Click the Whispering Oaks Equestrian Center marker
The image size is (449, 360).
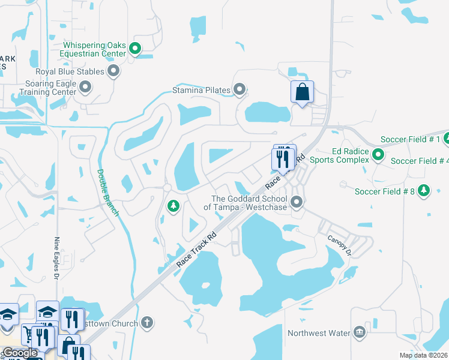coord(136,49)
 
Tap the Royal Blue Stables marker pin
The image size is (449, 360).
coord(113,72)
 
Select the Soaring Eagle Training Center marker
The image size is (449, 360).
coord(85,88)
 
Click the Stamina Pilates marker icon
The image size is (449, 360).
coord(240,91)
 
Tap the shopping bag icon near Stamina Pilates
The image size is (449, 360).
coord(302,92)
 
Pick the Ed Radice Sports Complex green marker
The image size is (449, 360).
coord(378,155)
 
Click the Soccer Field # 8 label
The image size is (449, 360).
coord(384,191)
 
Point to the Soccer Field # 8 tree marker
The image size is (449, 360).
coord(424,191)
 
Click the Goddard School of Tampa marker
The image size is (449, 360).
coord(296,203)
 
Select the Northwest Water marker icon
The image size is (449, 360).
coord(359,332)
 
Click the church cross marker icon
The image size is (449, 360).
coord(146,323)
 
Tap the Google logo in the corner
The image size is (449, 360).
coord(20,353)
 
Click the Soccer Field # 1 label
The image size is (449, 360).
coord(411,140)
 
